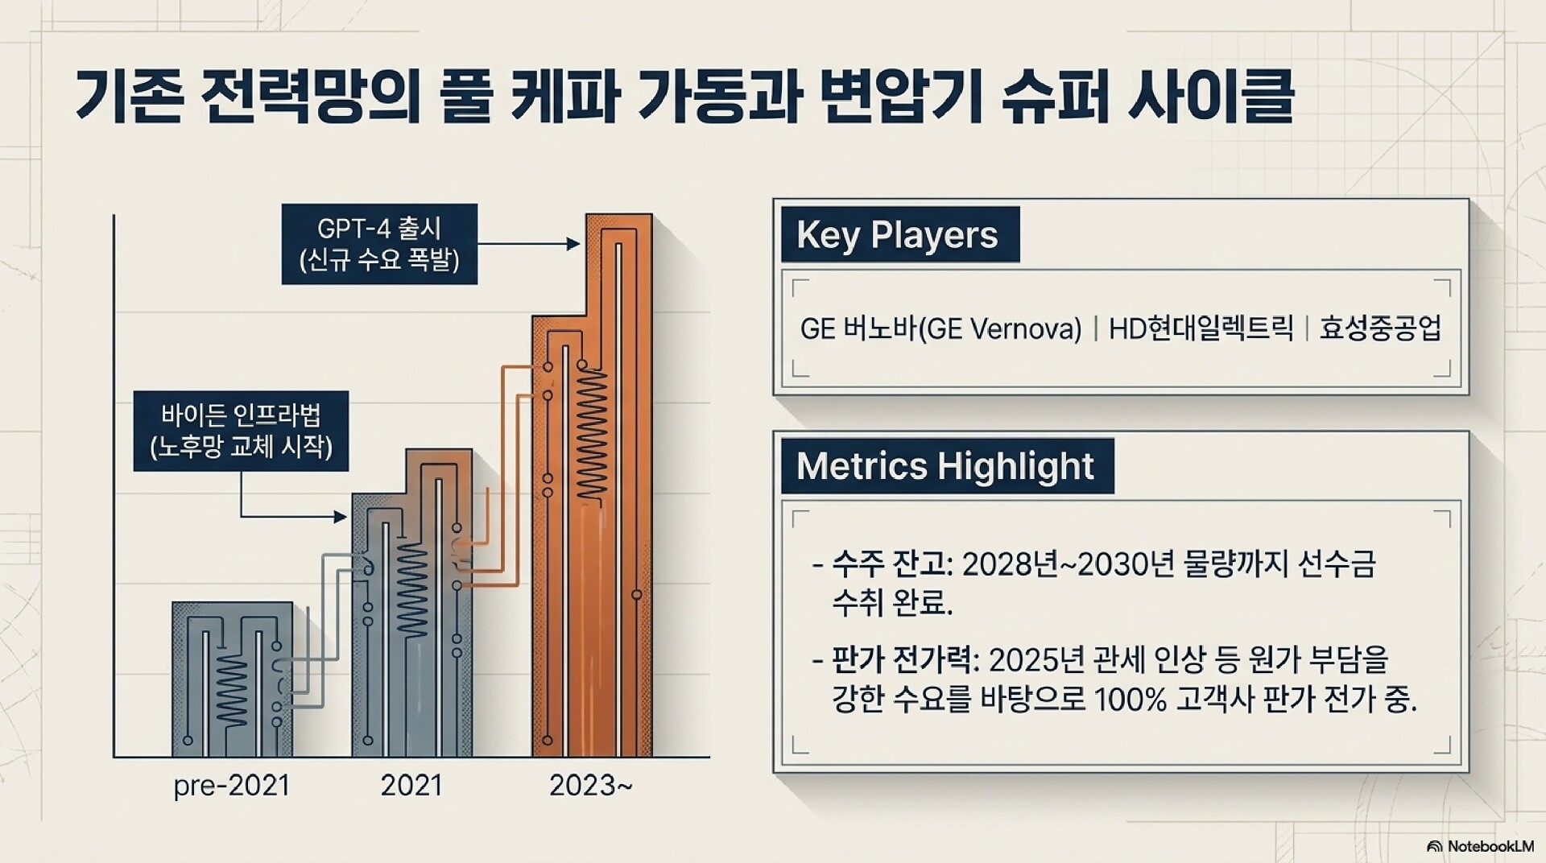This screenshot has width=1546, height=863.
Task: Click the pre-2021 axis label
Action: click(x=231, y=786)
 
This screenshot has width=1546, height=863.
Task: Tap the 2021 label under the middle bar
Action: click(x=411, y=786)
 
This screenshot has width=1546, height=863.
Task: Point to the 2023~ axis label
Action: click(x=591, y=786)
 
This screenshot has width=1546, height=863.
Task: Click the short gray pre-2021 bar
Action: click(x=232, y=679)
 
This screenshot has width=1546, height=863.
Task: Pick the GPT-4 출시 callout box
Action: click(x=379, y=244)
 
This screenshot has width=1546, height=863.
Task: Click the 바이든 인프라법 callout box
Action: click(x=241, y=431)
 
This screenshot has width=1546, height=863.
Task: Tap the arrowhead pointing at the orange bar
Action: click(x=573, y=243)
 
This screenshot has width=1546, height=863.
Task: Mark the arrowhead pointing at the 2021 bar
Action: click(x=341, y=516)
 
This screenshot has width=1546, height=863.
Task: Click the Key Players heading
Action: click(x=899, y=234)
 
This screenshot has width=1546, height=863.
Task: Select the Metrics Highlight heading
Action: click(x=947, y=465)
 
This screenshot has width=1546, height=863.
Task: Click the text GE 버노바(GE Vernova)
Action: click(x=940, y=328)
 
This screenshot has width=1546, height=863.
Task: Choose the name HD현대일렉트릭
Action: click(x=1201, y=328)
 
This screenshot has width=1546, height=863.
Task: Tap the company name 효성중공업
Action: click(x=1380, y=328)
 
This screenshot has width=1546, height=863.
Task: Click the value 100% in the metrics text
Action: click(x=1131, y=700)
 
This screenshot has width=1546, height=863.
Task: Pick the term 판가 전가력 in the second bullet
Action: click(x=902, y=660)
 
